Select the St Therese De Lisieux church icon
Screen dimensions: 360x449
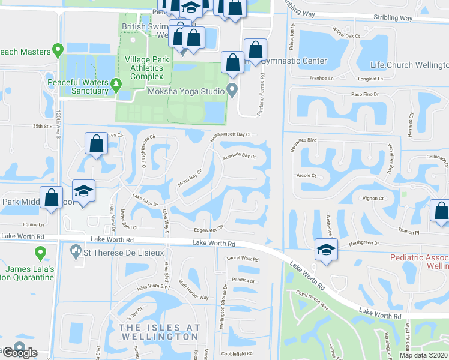point(76,250)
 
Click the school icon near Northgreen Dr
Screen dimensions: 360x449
point(325,250)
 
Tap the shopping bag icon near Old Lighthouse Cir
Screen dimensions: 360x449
point(96,144)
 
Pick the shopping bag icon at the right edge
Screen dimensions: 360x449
point(441,211)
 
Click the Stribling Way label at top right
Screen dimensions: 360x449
point(393,18)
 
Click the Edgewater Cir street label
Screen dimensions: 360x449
point(209,227)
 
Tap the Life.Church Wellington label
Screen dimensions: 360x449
point(409,65)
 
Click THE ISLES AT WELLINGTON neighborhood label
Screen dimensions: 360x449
point(158,332)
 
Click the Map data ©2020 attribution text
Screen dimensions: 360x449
point(423,355)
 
